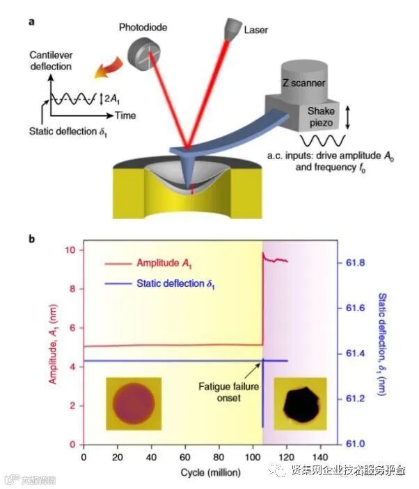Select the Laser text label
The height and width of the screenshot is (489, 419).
point(256,31)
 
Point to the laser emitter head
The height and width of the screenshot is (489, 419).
point(231,28)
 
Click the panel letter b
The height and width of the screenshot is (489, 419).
point(32,238)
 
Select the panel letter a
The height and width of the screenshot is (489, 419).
point(31,21)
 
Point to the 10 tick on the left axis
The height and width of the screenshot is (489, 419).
point(69,250)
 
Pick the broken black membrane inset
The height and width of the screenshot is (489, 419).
point(301,404)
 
